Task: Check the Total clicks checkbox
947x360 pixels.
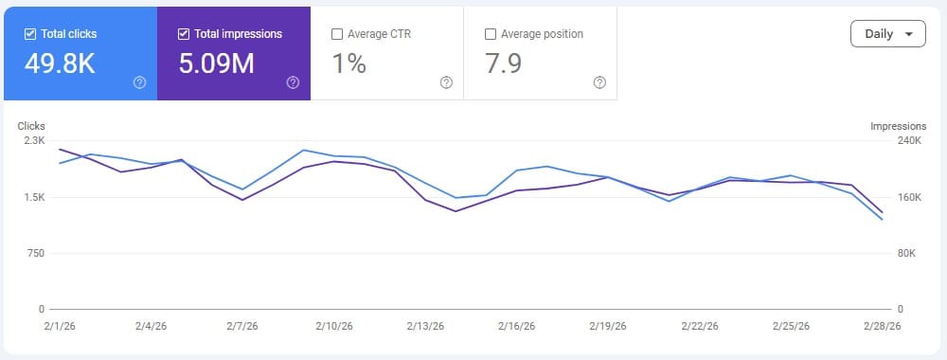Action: pos(29,34)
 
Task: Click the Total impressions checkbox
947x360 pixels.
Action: pos(184,34)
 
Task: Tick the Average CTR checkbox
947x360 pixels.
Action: pos(337,34)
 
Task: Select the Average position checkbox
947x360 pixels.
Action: pos(490,34)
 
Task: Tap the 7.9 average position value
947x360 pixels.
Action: pos(502,63)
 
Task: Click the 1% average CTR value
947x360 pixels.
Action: pos(348,63)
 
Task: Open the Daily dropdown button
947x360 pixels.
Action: pos(887,34)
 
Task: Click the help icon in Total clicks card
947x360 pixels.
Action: pos(139,82)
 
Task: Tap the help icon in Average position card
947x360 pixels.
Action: pos(599,82)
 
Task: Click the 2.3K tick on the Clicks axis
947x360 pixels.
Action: pos(34,140)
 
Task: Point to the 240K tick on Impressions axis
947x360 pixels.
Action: pos(908,140)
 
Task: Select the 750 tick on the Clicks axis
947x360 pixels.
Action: pos(35,253)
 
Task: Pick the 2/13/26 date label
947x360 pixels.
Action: pos(425,326)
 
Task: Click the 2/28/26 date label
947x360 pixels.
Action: pos(882,326)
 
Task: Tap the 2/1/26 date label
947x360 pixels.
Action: pos(59,326)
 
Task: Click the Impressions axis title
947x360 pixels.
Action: pos(897,125)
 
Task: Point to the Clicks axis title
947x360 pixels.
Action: pos(32,125)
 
